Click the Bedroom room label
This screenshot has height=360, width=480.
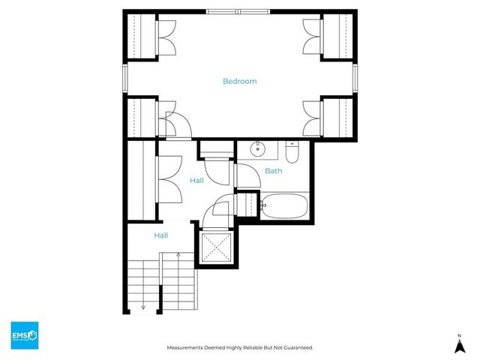tap(239, 81)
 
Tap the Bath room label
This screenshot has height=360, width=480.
tap(274, 171)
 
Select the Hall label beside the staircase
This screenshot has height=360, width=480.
tap(161, 235)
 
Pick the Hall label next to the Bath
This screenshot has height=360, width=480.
tap(196, 181)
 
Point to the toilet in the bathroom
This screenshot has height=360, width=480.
tap(292, 152)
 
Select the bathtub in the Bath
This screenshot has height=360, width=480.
tap(283, 205)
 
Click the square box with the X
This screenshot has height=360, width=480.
tap(216, 247)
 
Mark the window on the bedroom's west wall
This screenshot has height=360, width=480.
tap(125, 77)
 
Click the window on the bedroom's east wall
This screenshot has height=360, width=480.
tap(355, 77)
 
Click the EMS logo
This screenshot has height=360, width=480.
tap(24, 334)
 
